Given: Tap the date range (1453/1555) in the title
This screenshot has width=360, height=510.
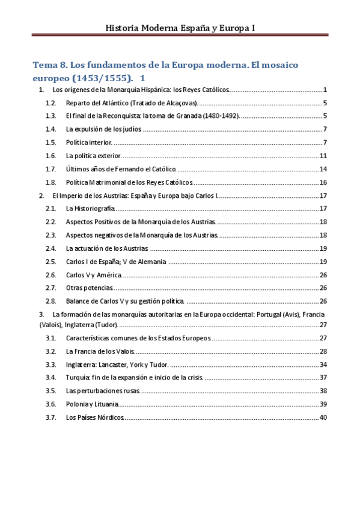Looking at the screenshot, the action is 101,78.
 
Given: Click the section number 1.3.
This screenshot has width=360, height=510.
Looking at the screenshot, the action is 50,116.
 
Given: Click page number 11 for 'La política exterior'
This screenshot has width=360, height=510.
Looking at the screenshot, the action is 323,156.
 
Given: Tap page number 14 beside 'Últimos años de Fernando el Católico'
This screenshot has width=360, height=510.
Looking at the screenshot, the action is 323,169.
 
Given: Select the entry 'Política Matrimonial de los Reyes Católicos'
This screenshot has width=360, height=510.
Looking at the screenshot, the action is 129,182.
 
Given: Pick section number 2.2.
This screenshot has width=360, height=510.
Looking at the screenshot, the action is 50,222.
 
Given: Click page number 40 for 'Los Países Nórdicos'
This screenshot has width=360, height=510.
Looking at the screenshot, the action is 323,417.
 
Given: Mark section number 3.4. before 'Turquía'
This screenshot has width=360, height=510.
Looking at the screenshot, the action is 50,378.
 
